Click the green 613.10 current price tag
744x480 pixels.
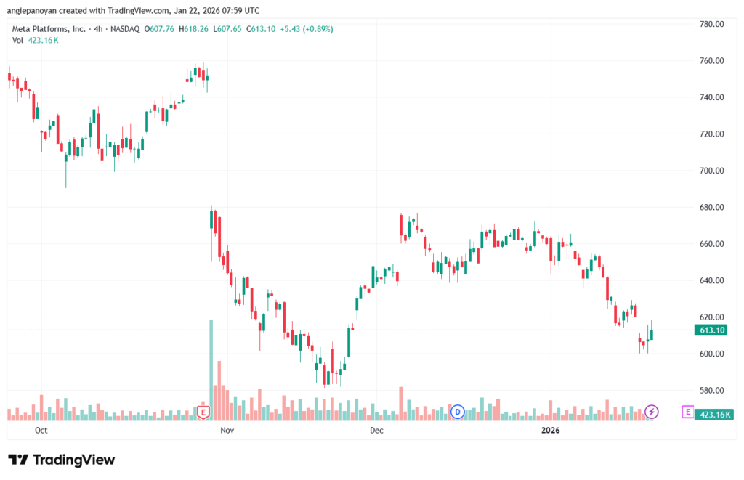coord(710,330)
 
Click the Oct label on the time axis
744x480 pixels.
coord(41,430)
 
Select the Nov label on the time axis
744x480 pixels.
coord(227,430)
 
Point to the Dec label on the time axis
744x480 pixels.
coord(376,430)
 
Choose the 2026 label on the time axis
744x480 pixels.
coord(551,430)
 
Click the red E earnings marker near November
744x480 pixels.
coord(204,412)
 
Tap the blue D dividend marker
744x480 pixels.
coord(458,412)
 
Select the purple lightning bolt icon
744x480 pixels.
coord(652,412)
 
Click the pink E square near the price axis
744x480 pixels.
coord(687,412)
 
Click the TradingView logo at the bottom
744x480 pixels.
coord(62,460)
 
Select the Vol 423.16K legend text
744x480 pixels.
coord(35,40)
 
